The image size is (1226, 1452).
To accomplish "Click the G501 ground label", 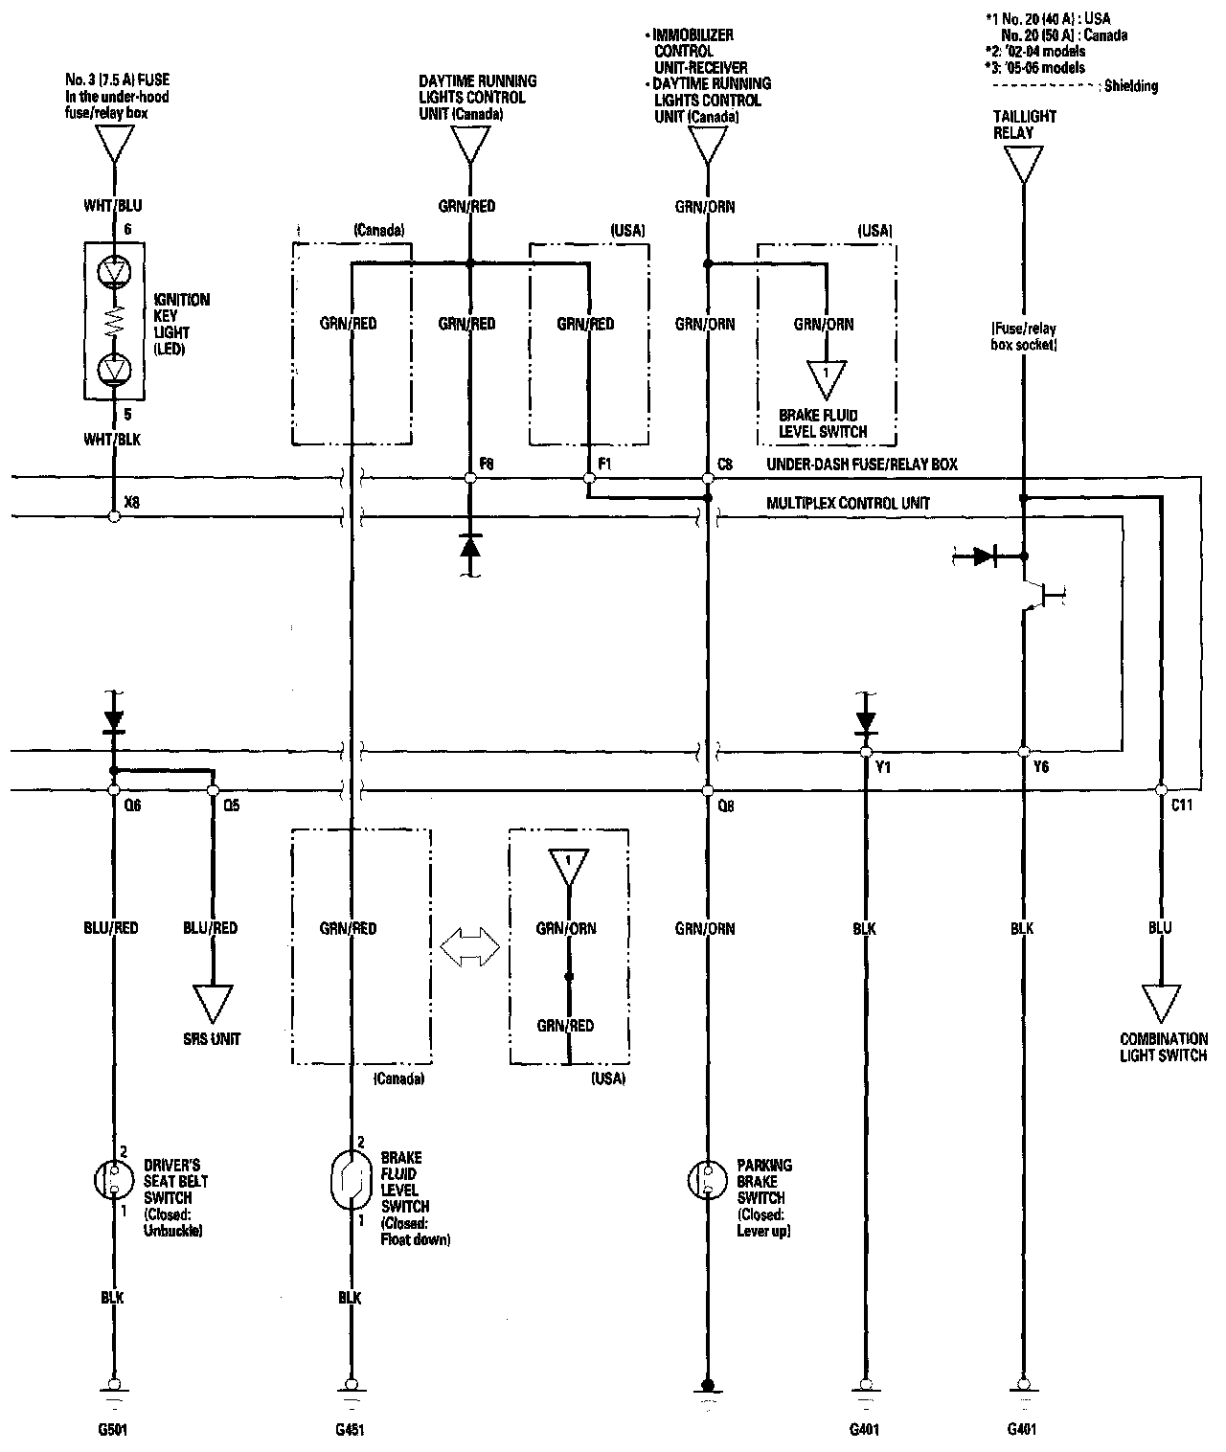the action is coord(113,1430).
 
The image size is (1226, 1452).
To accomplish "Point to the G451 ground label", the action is coord(350,1430).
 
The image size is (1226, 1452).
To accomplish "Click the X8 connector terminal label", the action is coord(132,502).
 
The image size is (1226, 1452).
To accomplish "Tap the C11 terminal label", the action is coord(1182,805).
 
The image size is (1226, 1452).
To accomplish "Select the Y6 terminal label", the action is coord(1041,767).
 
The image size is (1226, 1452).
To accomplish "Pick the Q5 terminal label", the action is coord(232,805).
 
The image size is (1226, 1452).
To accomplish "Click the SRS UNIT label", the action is coord(212,1039).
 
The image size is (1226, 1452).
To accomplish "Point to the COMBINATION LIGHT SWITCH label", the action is coord(1164,1047).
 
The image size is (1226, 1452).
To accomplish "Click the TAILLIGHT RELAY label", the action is coord(1024,125).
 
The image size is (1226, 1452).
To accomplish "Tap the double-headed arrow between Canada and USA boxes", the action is coord(470,947).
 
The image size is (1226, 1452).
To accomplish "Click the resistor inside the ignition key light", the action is coord(114,321).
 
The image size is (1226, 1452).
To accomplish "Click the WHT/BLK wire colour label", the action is coord(112,440).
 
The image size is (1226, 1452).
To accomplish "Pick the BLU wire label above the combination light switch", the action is coord(1160,928).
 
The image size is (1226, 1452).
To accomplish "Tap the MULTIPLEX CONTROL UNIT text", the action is coord(848,503).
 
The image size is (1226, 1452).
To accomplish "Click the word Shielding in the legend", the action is coord(1131,86).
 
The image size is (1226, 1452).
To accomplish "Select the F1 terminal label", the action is coord(604,464).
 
